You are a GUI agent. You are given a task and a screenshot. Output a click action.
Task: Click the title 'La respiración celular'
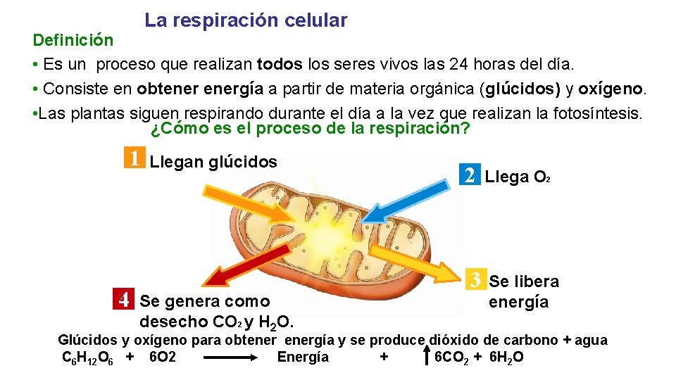(246, 20)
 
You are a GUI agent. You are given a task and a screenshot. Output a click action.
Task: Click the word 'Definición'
(73, 39)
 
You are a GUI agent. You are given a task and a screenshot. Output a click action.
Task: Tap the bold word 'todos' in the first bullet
(280, 65)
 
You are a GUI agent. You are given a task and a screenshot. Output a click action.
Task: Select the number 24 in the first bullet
(458, 65)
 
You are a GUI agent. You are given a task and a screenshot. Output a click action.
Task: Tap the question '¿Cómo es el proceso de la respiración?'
(311, 129)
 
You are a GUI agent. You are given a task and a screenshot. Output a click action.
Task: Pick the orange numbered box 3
(475, 280)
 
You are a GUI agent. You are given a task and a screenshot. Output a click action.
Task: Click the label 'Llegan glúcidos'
(214, 162)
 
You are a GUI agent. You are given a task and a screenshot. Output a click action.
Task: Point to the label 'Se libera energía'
(523, 291)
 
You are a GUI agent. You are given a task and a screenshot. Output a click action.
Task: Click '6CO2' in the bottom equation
(452, 357)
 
